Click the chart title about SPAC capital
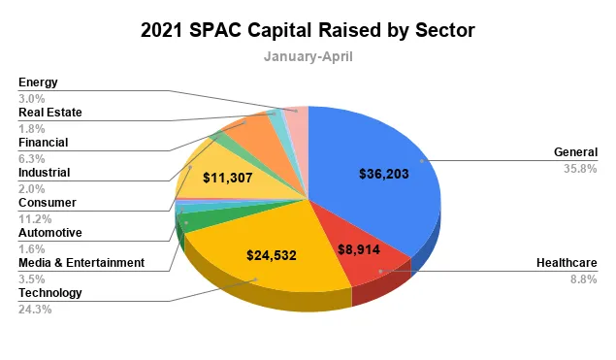pyautogui.click(x=308, y=29)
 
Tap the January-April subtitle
pyautogui.click(x=308, y=56)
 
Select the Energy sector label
pyautogui.click(x=39, y=82)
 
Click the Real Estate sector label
pyautogui.click(x=50, y=113)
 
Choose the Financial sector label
pyautogui.click(x=45, y=143)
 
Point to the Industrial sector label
pyautogui.click(x=45, y=173)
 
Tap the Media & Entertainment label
pyautogui.click(x=81, y=262)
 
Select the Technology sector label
pyautogui.click(x=50, y=292)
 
